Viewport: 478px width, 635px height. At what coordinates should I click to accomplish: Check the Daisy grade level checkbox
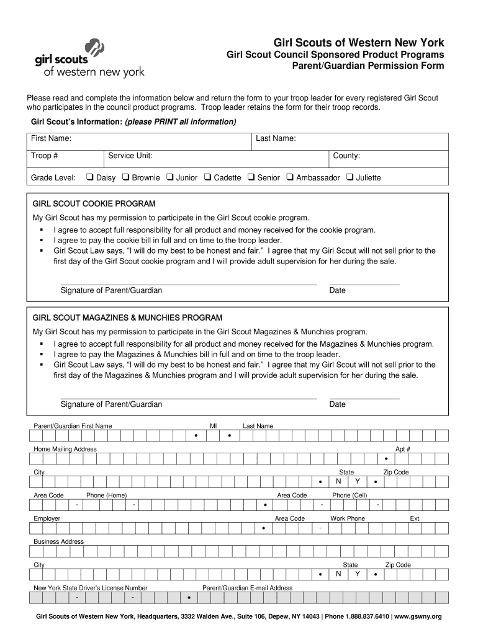(89, 177)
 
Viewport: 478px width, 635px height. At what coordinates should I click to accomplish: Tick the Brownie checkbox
(125, 177)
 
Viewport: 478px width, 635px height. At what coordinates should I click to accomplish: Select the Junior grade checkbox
(169, 177)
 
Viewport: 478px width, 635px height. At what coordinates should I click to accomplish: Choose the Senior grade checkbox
(251, 177)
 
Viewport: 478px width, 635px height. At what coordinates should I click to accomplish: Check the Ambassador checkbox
(290, 177)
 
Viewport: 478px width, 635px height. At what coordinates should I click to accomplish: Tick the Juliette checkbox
(350, 177)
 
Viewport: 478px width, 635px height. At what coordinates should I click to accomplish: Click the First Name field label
(51, 138)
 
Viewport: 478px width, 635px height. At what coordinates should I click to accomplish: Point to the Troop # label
(45, 156)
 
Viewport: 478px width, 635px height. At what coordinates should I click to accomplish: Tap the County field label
(346, 156)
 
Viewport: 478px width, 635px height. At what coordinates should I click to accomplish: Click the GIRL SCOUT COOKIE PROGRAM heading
(94, 204)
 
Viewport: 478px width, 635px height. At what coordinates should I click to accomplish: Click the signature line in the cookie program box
(188, 285)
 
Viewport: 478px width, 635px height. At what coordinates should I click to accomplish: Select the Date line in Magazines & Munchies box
(364, 398)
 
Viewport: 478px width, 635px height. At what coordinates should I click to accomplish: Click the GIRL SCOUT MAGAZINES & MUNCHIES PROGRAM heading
(127, 317)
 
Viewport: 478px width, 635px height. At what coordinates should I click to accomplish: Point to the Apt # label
(403, 449)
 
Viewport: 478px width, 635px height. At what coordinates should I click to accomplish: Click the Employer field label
(47, 518)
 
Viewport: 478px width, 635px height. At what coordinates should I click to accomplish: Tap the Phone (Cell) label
(349, 495)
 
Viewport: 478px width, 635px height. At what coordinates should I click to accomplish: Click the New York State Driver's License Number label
(91, 588)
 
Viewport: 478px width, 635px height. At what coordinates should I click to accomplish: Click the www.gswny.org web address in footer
(418, 617)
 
